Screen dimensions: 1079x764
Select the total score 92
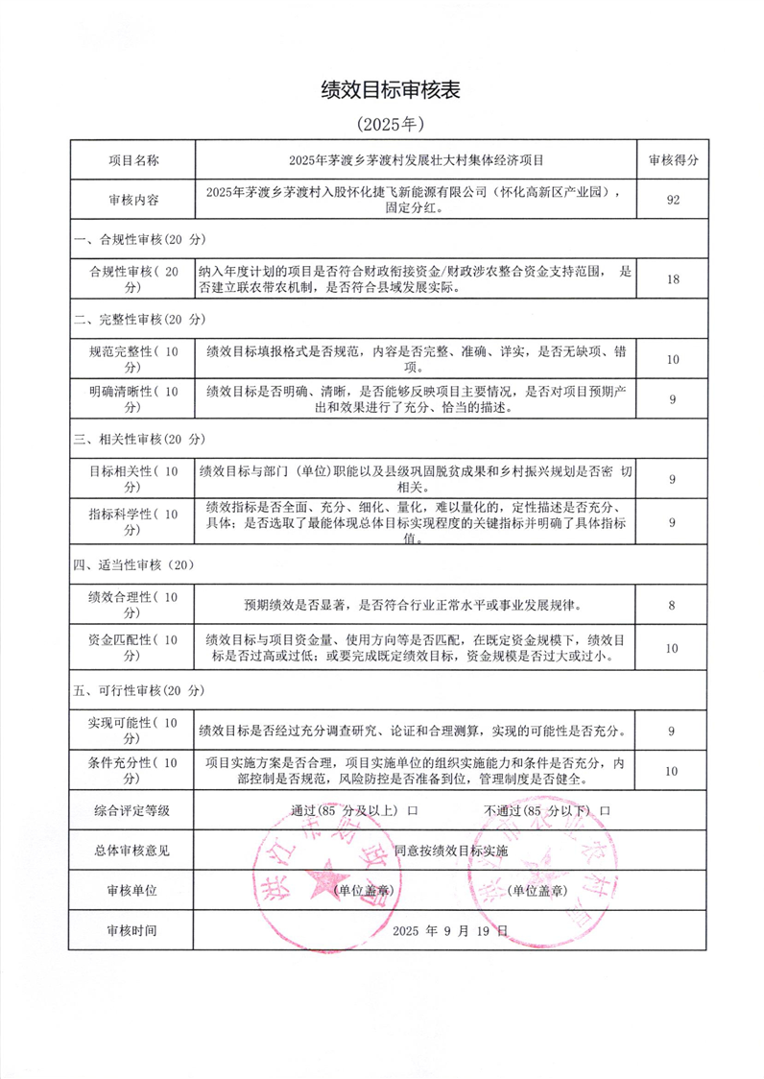click(x=672, y=200)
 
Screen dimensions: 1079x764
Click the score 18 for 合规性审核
click(x=672, y=279)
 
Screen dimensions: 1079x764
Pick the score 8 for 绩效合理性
click(x=672, y=605)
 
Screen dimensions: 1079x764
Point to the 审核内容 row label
click(x=132, y=200)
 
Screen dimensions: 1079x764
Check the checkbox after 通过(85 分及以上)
click(x=413, y=810)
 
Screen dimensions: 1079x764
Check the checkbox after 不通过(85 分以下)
click(x=605, y=810)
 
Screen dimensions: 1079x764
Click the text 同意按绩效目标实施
click(x=450, y=851)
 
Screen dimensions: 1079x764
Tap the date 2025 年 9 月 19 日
click(x=450, y=931)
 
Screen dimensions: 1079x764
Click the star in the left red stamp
click(x=325, y=878)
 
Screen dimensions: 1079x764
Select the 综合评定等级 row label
click(x=132, y=810)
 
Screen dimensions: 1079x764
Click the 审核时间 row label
click(x=132, y=931)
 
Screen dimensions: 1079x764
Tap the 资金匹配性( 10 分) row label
click(x=132, y=648)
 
